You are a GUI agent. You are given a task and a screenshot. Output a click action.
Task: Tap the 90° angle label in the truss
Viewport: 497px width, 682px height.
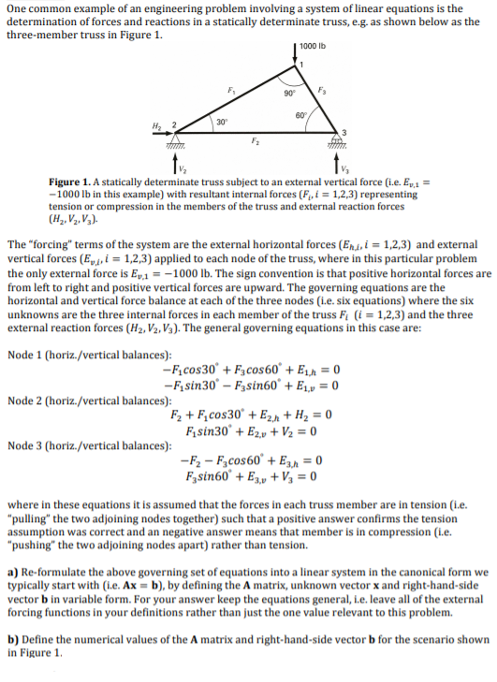pos(291,94)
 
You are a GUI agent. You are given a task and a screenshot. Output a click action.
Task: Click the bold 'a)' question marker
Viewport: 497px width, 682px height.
pos(13,571)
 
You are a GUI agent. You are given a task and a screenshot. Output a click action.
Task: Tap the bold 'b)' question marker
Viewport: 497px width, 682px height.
pos(13,639)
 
